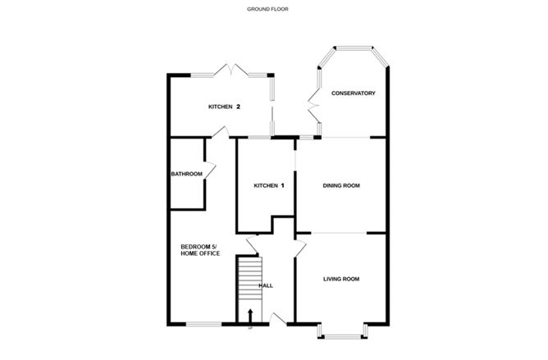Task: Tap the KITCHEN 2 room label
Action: click(x=224, y=107)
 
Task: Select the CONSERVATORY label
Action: click(x=353, y=93)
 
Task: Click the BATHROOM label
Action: click(x=186, y=174)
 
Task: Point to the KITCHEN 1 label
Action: click(x=268, y=186)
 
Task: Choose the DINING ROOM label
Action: click(x=340, y=186)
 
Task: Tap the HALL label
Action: click(x=265, y=286)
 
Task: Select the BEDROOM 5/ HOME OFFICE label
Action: click(x=200, y=250)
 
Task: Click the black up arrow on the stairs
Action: click(x=249, y=313)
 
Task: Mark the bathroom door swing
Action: click(x=209, y=169)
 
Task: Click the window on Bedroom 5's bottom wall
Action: click(x=203, y=325)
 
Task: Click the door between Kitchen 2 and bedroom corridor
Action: click(x=207, y=144)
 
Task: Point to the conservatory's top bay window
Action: click(x=353, y=49)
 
